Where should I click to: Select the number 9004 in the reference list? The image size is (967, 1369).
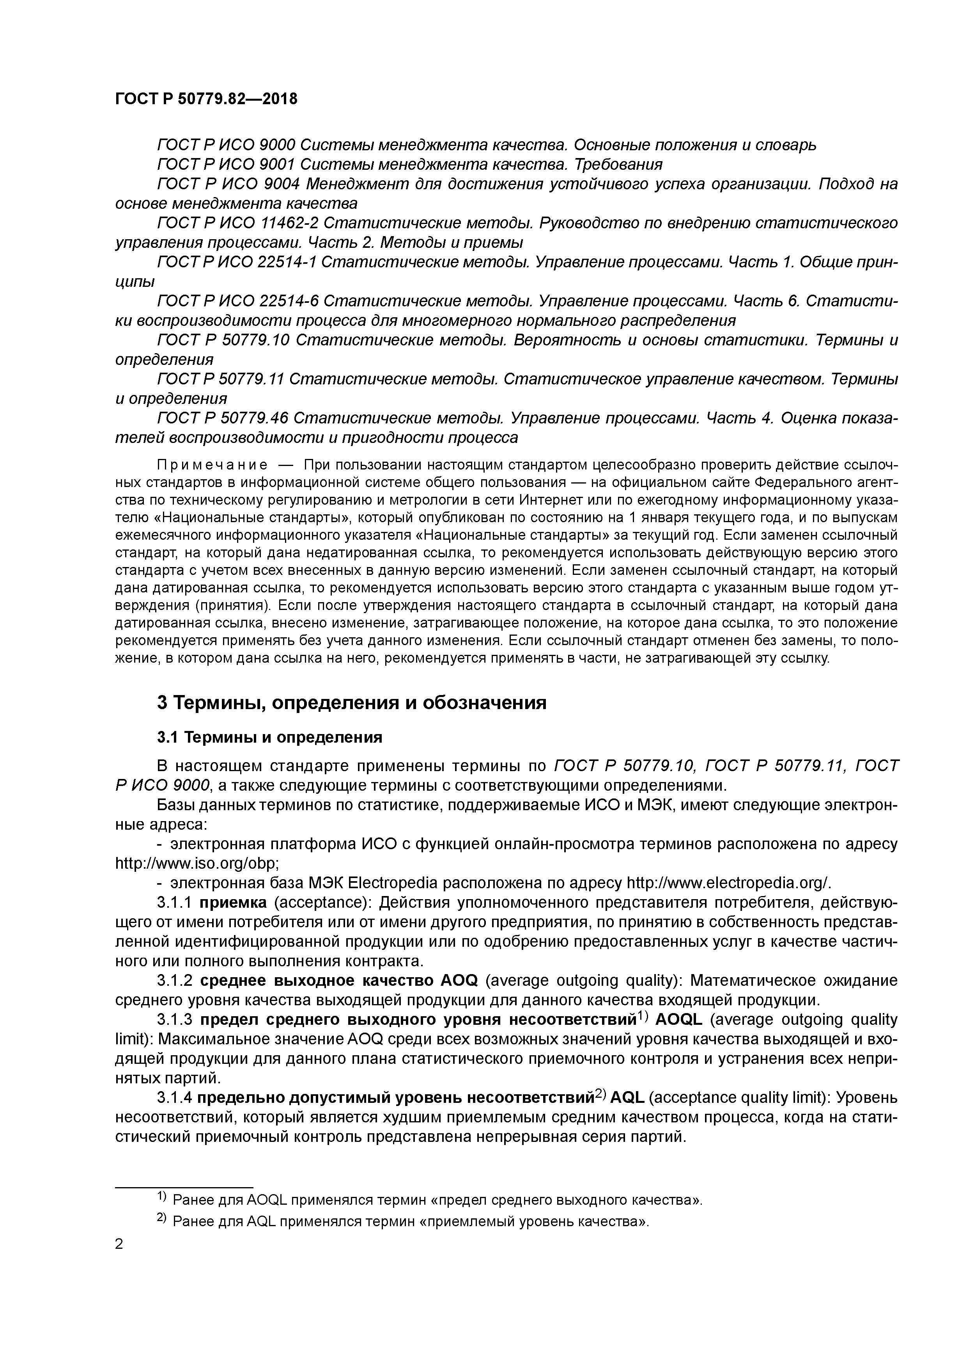pos(278,184)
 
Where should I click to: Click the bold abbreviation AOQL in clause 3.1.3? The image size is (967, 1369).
pos(679,1020)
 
